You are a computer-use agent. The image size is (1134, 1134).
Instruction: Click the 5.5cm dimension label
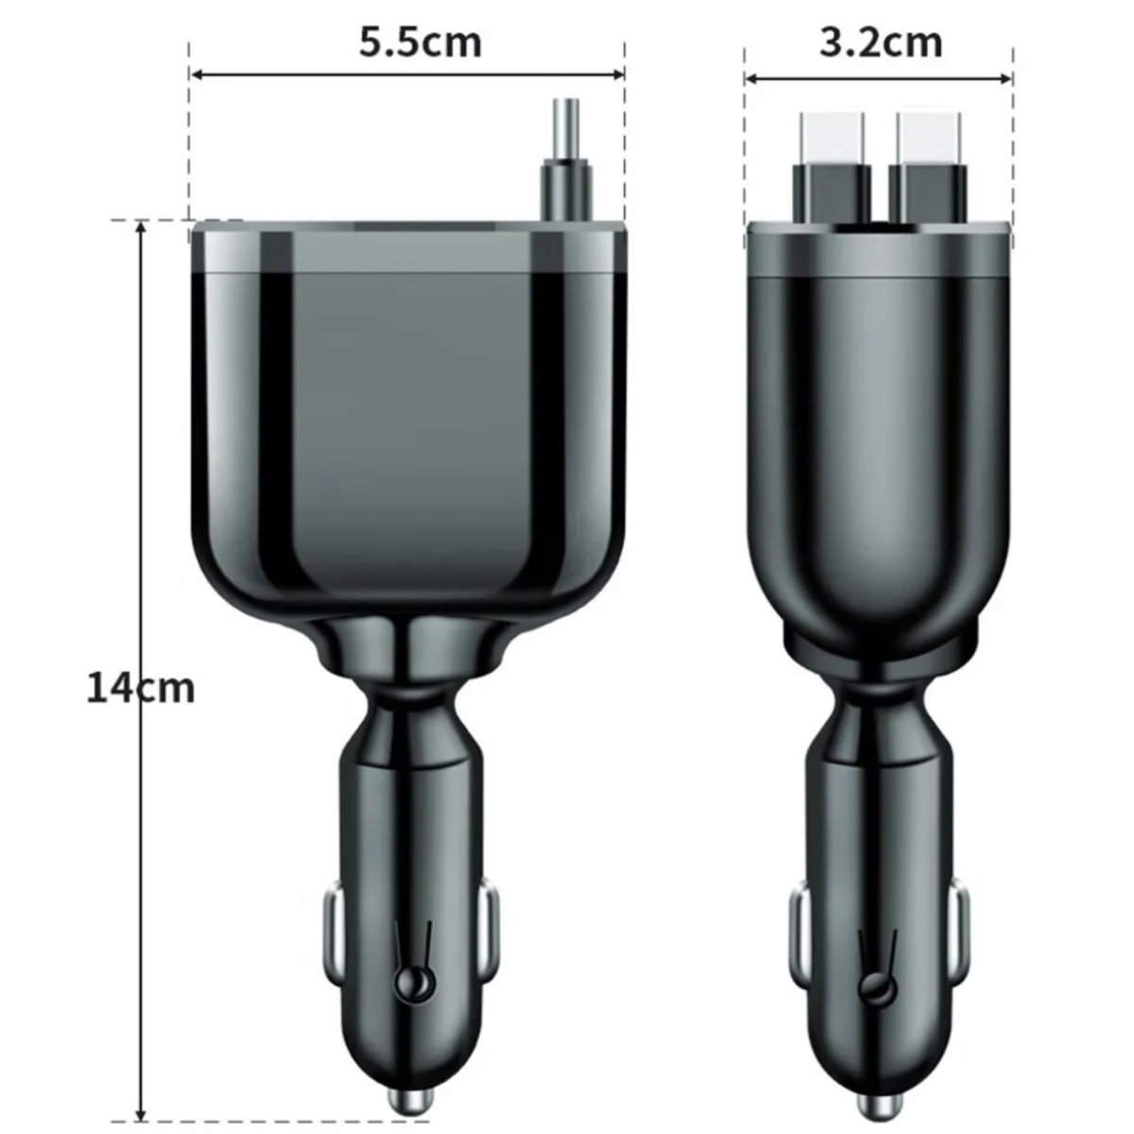pyautogui.click(x=421, y=43)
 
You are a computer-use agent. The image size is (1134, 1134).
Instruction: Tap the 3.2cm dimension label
pyautogui.click(x=881, y=43)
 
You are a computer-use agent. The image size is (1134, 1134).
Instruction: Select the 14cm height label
pyautogui.click(x=141, y=688)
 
